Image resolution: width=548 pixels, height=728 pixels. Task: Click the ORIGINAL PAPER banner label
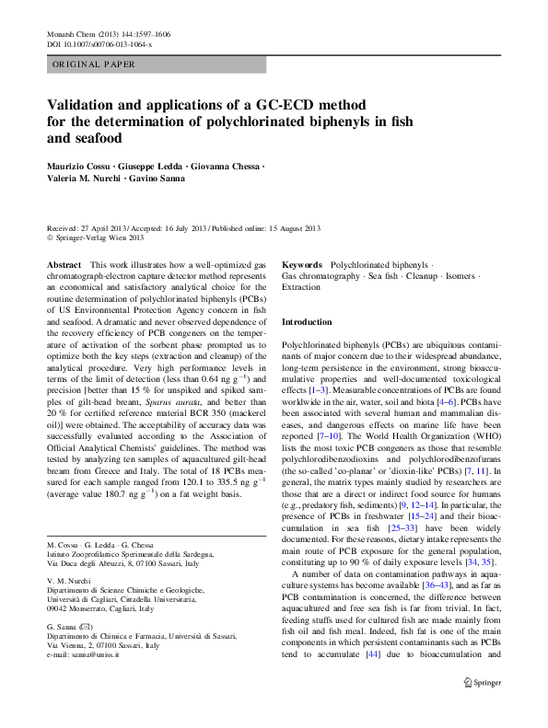(94, 64)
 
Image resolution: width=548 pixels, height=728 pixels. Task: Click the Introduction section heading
(307, 322)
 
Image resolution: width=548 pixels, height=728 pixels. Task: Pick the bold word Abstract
(64, 264)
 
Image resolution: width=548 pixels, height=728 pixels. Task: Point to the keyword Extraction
(301, 287)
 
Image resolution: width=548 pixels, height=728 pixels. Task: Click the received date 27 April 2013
(101, 227)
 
